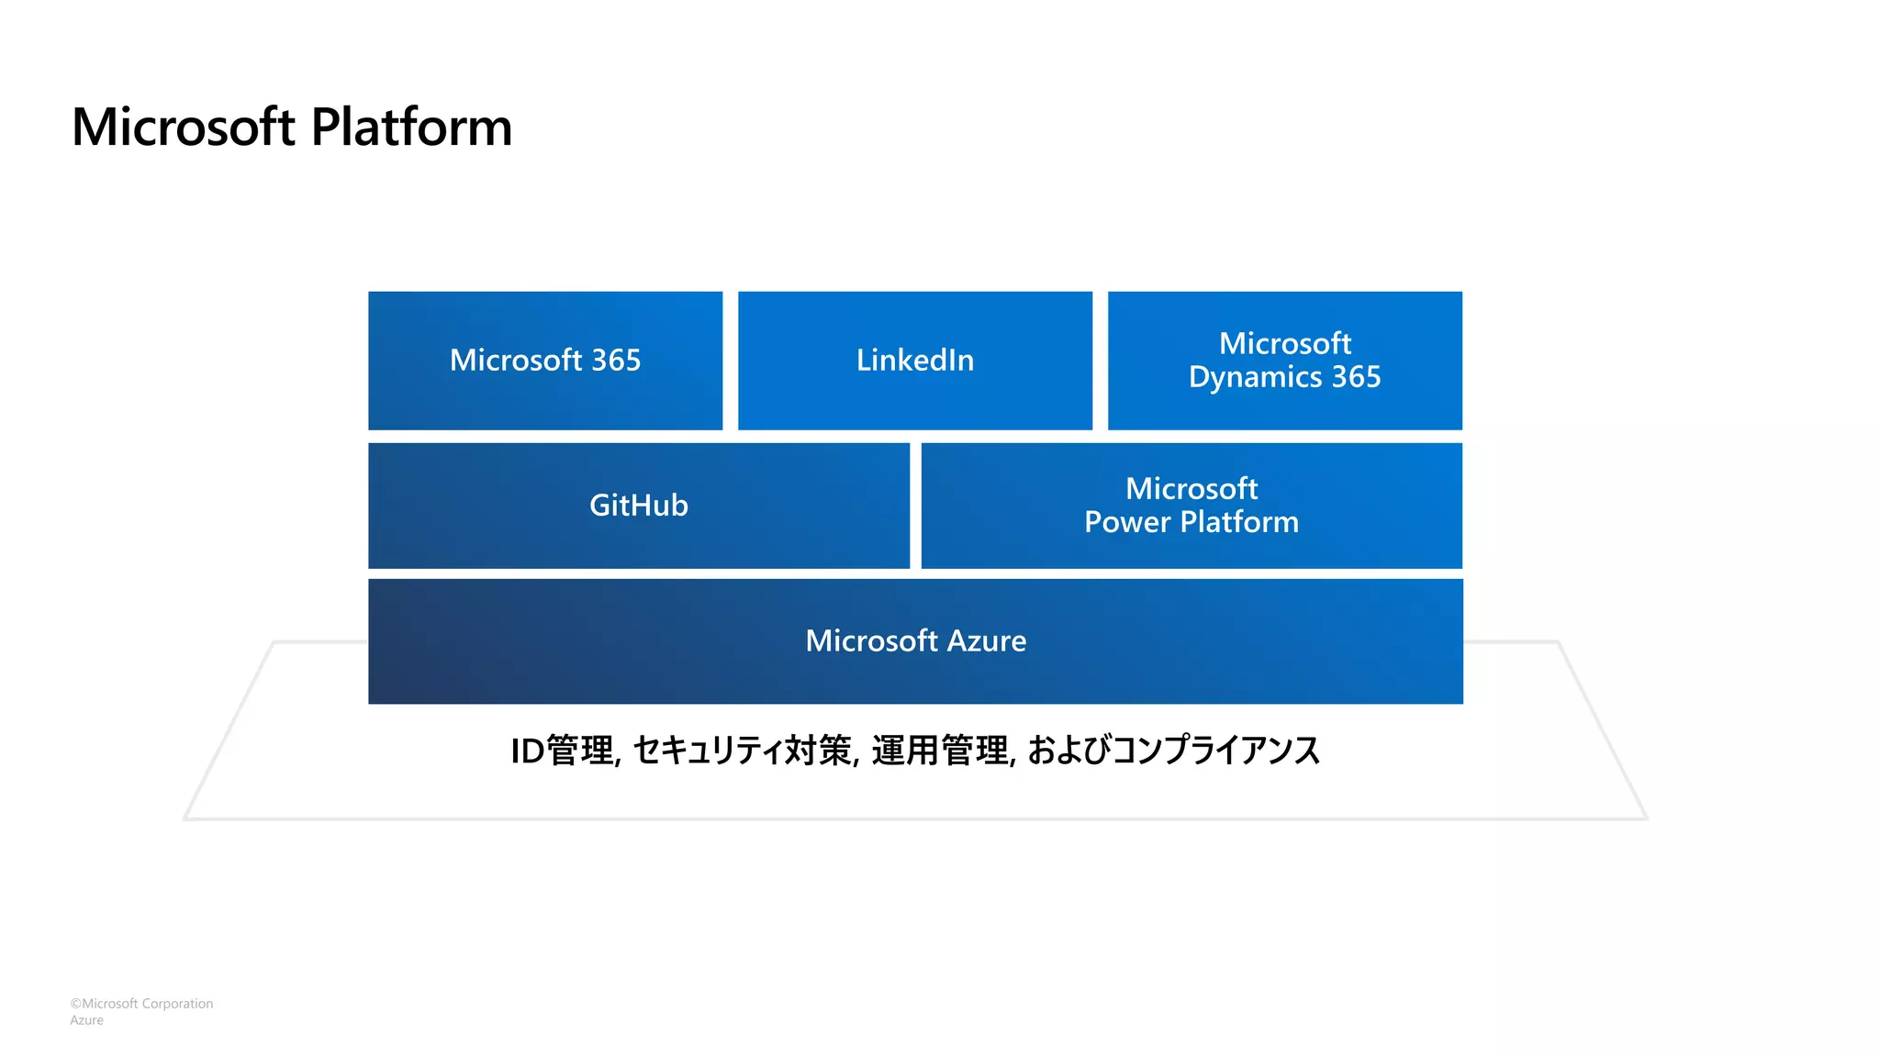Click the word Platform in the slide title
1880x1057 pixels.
tap(411, 127)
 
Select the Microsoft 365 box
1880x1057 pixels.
tap(545, 361)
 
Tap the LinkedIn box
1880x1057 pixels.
tap(915, 361)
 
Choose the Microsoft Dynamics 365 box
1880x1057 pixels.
tap(1284, 361)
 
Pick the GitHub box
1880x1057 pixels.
tap(639, 506)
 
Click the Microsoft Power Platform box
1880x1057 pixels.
tap(1192, 506)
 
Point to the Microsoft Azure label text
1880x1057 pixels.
tap(915, 640)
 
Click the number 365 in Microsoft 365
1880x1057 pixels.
tap(616, 361)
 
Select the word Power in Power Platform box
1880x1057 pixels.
tap(1127, 522)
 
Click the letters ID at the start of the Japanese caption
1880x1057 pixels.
tap(527, 751)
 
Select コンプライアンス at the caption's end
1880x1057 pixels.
tap(1215, 751)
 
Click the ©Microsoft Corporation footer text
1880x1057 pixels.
tap(141, 1004)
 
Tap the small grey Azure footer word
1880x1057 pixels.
tap(86, 1020)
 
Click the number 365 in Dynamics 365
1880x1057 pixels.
tap(1356, 377)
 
